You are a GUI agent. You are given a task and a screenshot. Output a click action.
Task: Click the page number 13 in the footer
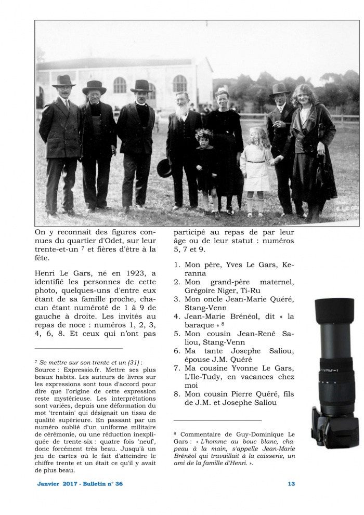point(291,484)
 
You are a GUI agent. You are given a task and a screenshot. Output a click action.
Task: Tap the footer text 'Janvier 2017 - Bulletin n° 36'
point(80,484)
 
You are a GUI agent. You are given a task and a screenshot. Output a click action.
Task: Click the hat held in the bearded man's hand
point(165,168)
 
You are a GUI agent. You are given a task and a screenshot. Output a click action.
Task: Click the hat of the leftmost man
point(64,81)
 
